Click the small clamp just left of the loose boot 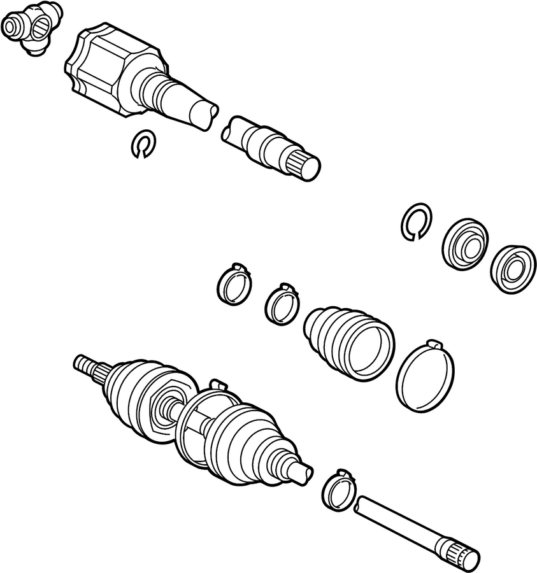[281, 304]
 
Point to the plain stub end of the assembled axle [301, 472]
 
